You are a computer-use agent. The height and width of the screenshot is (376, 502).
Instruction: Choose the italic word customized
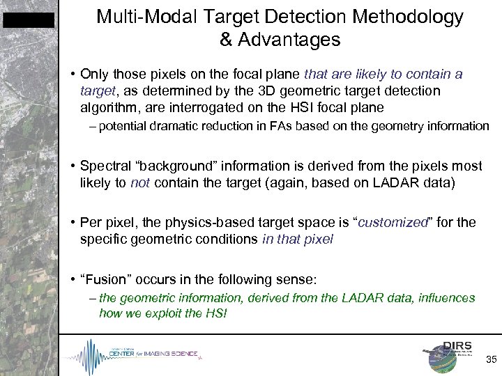pyautogui.click(x=395, y=224)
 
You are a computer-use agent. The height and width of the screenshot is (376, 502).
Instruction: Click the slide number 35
pyautogui.click(x=491, y=360)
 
